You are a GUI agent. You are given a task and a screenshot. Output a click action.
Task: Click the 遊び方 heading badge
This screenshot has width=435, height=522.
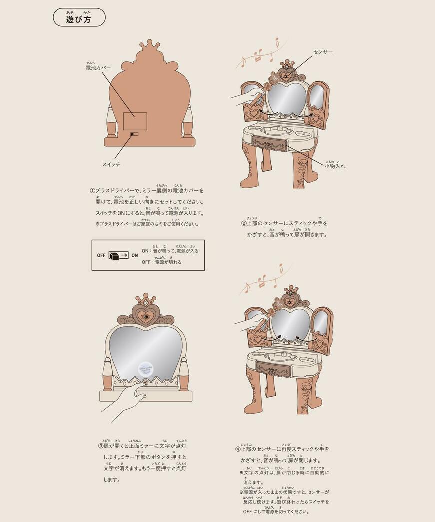click(x=79, y=18)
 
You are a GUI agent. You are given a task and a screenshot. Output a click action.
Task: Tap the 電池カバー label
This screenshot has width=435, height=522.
click(x=98, y=68)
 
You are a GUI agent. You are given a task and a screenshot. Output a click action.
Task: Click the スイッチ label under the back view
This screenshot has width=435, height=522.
click(x=111, y=164)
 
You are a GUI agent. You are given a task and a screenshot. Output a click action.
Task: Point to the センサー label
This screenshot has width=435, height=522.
click(x=323, y=52)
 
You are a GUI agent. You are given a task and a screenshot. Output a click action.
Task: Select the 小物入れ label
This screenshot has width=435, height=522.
click(x=335, y=166)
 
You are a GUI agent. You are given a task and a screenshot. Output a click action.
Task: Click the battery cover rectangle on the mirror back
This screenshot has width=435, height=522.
click(x=135, y=121)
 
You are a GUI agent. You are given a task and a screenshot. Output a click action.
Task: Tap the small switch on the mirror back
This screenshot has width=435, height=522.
click(x=133, y=134)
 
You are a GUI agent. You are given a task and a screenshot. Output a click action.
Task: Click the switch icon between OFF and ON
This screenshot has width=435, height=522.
click(x=118, y=255)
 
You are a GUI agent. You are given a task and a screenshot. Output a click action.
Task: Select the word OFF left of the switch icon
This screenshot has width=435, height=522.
click(x=101, y=255)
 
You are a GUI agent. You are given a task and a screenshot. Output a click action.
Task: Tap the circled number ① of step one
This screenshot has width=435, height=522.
click(x=92, y=191)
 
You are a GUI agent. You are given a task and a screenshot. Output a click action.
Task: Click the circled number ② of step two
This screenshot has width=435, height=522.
click(x=243, y=223)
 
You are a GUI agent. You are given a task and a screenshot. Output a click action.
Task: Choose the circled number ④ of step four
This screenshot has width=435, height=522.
click(x=238, y=449)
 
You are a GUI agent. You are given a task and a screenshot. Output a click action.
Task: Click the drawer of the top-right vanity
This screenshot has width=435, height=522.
click(x=270, y=143)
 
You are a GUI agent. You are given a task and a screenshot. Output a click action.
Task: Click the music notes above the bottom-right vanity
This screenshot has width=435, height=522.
click(x=261, y=282)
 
